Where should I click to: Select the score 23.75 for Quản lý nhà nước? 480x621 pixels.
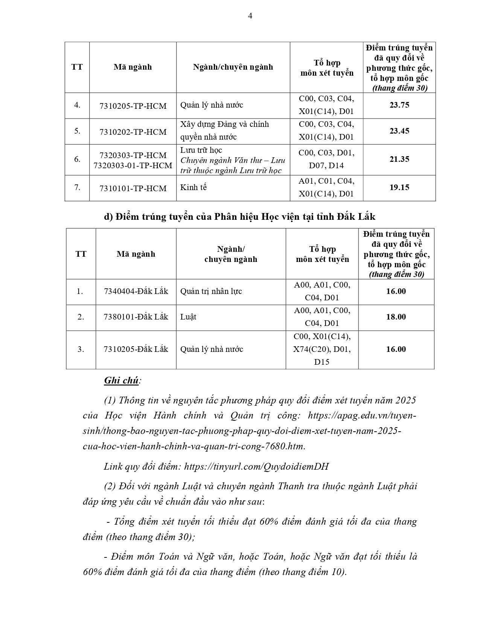(x=399, y=105)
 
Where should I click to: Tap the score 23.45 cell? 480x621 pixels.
(x=399, y=131)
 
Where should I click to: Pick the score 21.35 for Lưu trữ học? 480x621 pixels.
(x=399, y=159)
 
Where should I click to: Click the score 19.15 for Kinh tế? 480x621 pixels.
(x=399, y=187)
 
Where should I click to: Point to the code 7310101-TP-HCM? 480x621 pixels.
(x=133, y=188)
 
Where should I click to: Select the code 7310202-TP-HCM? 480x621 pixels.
(x=133, y=132)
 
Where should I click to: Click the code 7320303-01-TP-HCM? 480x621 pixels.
(x=133, y=165)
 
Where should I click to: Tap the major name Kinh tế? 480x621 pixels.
(x=194, y=187)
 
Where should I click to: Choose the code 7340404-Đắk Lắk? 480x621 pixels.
(x=136, y=291)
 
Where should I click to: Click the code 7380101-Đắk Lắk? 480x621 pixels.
(x=136, y=317)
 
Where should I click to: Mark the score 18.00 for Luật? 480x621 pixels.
(x=396, y=317)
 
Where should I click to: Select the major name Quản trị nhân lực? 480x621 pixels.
(x=211, y=291)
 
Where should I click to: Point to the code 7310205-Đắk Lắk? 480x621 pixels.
(x=136, y=349)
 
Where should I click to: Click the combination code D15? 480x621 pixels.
(x=322, y=362)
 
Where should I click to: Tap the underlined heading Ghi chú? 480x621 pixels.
(x=121, y=381)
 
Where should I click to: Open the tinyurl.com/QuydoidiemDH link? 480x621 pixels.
(x=256, y=467)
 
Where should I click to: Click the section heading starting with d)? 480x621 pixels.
(x=239, y=217)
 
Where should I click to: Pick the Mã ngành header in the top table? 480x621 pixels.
(x=133, y=67)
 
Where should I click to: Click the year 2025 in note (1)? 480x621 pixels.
(x=405, y=400)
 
